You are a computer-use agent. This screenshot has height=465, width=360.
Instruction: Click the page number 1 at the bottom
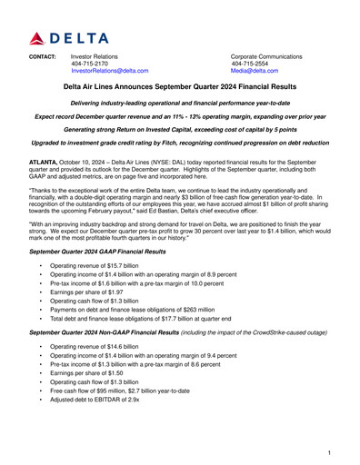click(327, 451)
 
